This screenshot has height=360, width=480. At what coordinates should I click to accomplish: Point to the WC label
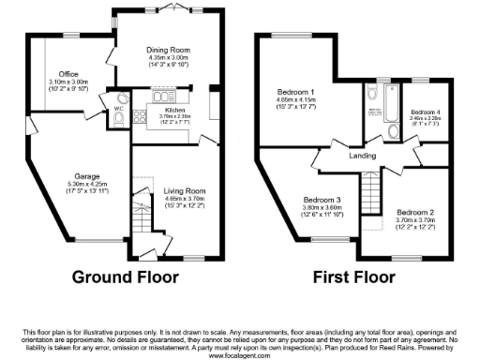click(x=119, y=109)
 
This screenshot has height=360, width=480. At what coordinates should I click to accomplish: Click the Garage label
click(x=88, y=174)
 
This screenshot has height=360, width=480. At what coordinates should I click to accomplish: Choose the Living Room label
click(x=179, y=190)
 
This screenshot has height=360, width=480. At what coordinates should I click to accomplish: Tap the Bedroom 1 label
click(x=295, y=93)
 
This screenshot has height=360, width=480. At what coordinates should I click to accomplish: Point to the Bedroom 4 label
click(x=427, y=112)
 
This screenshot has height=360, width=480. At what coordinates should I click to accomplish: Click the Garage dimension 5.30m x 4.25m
click(x=88, y=183)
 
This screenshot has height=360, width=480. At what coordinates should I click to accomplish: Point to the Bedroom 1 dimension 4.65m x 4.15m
click(x=295, y=100)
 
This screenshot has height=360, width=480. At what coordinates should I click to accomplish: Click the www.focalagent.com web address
click(x=240, y=354)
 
